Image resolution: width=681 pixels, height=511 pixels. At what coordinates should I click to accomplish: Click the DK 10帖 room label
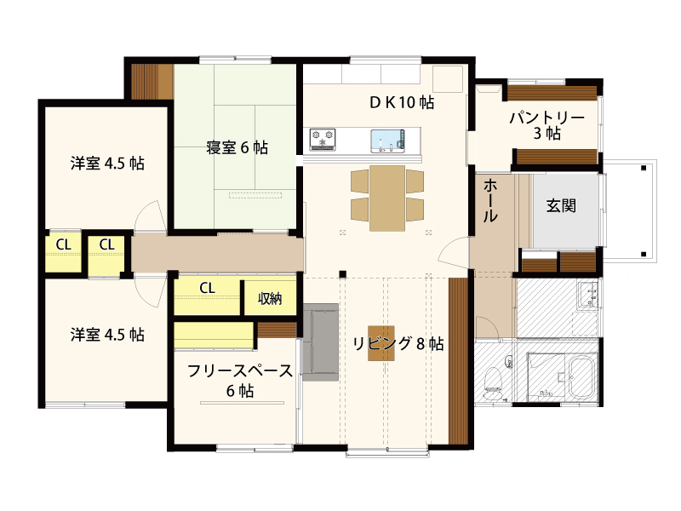pyautogui.click(x=402, y=102)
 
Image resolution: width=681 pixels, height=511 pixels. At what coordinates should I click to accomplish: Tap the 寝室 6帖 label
pyautogui.click(x=237, y=147)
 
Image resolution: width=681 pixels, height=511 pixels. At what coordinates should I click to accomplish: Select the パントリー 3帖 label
pyautogui.click(x=547, y=125)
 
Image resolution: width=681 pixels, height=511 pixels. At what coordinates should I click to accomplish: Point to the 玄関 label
pyautogui.click(x=561, y=205)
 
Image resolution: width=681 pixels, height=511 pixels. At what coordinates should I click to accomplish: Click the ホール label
pyautogui.click(x=490, y=200)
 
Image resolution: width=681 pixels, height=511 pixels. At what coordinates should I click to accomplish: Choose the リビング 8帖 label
pyautogui.click(x=398, y=343)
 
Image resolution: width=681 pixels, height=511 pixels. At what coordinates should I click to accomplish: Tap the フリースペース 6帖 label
pyautogui.click(x=240, y=381)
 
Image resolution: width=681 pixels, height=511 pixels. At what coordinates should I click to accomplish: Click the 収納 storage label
pyautogui.click(x=270, y=299)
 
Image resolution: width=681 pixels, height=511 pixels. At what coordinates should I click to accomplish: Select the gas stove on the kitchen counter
pyautogui.click(x=323, y=139)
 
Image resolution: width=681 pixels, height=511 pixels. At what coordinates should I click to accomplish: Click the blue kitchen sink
pyautogui.click(x=388, y=141)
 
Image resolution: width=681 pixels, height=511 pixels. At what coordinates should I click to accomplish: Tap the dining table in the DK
pyautogui.click(x=387, y=198)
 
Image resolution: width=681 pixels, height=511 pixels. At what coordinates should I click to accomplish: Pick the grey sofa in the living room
pyautogui.click(x=321, y=342)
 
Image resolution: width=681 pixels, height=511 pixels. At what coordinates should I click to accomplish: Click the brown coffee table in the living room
pyautogui.click(x=381, y=343)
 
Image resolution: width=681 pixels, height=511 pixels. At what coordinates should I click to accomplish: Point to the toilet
pyautogui.click(x=493, y=382)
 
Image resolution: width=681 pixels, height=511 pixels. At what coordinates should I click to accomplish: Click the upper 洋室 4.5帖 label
pyautogui.click(x=107, y=164)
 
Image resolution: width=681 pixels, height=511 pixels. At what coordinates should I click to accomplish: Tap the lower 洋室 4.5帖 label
pyautogui.click(x=107, y=335)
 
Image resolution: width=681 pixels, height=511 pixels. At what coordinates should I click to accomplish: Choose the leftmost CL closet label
pyautogui.click(x=63, y=244)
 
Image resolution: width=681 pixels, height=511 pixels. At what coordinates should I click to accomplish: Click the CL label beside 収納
pyautogui.click(x=207, y=288)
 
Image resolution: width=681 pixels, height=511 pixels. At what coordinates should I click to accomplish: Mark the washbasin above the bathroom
pyautogui.click(x=589, y=294)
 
